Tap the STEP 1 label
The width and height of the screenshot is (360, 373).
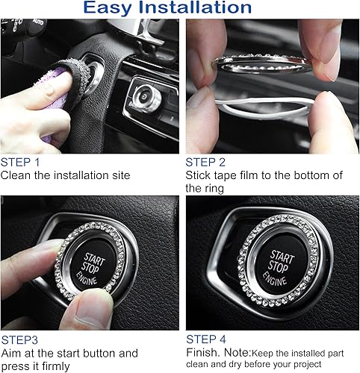(x=21, y=162)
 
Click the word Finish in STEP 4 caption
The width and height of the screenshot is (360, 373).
(x=202, y=352)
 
